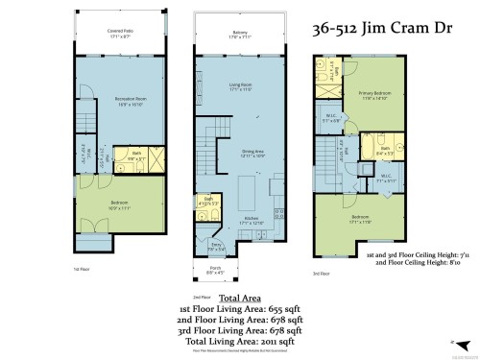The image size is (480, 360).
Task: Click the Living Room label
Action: pos(240,87)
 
